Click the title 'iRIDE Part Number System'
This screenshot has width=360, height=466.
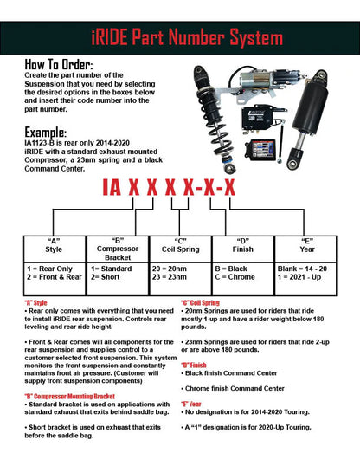point(187,37)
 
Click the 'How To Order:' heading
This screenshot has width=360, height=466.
point(59,64)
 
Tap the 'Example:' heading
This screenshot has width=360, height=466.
point(46,132)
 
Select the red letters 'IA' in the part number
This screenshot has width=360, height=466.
point(112,188)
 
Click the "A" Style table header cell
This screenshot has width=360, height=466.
point(55,249)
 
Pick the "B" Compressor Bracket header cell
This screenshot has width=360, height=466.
point(118,249)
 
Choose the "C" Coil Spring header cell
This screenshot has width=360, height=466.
point(180,249)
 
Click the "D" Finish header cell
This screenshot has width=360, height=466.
point(243,249)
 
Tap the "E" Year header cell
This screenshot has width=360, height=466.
point(306,249)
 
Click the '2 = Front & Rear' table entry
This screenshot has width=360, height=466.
point(54,277)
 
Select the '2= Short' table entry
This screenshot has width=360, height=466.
point(106,277)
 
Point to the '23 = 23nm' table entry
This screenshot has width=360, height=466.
point(170,277)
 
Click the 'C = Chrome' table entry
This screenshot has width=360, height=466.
point(235,277)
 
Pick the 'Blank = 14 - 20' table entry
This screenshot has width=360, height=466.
point(302,269)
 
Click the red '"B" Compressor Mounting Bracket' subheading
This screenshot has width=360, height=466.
point(69,397)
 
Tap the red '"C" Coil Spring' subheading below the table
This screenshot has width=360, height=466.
point(200,303)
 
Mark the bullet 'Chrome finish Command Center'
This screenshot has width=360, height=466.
point(233,388)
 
